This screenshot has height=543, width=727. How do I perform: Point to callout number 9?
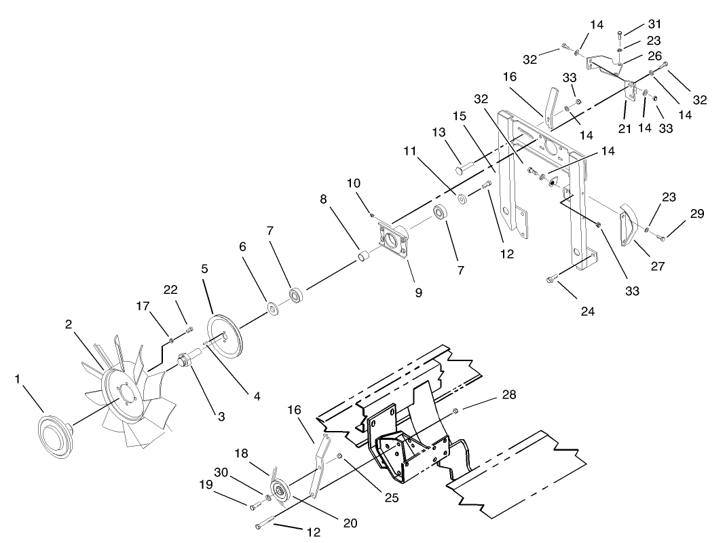coord(419,293)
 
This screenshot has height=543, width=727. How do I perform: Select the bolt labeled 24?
coord(551,277)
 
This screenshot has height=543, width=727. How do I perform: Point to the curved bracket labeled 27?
coord(628,224)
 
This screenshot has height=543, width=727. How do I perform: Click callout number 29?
coord(697,214)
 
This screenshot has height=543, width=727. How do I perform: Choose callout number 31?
coord(635,24)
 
